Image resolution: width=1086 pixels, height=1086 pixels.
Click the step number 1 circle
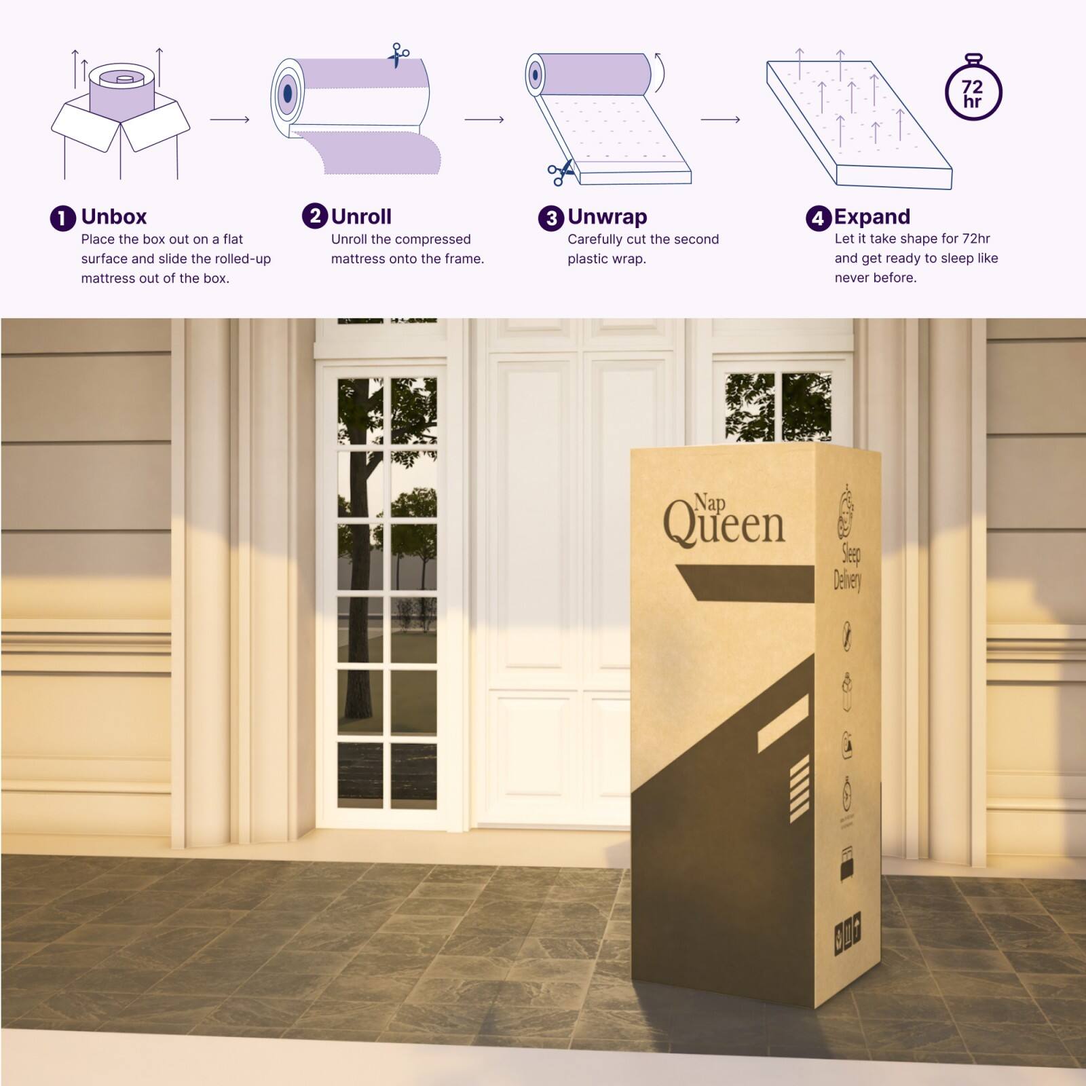click(x=62, y=219)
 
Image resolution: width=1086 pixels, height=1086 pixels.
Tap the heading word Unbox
click(x=114, y=217)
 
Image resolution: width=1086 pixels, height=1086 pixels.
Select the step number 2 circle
click(x=314, y=217)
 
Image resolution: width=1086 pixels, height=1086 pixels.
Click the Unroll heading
click(x=361, y=217)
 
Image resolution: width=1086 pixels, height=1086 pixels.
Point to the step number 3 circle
click(x=550, y=219)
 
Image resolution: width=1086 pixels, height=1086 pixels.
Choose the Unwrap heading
click(x=607, y=217)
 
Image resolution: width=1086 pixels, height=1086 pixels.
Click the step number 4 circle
click(x=818, y=219)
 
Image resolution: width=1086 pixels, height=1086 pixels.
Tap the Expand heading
click(x=872, y=217)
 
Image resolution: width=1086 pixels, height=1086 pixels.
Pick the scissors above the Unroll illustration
click(x=398, y=54)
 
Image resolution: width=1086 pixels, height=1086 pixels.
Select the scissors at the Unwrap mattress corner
click(x=561, y=174)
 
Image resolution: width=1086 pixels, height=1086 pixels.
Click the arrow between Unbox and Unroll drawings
click(x=229, y=119)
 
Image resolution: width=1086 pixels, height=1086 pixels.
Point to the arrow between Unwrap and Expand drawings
click(x=720, y=119)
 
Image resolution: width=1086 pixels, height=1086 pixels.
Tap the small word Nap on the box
click(x=709, y=503)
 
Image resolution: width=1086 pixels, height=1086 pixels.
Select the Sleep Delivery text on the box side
click(x=848, y=568)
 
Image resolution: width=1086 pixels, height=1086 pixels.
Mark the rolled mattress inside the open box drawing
click(x=123, y=91)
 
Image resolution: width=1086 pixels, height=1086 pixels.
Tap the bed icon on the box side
click(x=847, y=863)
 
